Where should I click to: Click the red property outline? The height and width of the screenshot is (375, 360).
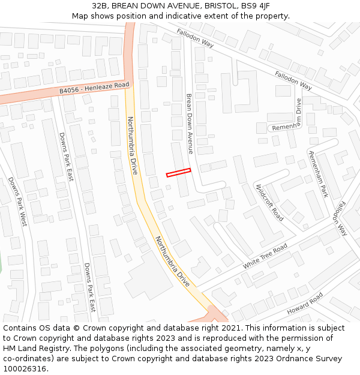click(x=178, y=173)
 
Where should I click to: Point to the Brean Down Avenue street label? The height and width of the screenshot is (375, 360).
click(x=190, y=124)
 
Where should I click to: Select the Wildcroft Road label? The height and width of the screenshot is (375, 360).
click(x=269, y=203)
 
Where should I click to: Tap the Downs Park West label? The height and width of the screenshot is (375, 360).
click(x=17, y=201)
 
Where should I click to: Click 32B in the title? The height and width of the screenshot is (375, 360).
click(x=100, y=6)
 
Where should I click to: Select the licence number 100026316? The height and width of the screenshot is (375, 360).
click(x=25, y=369)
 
